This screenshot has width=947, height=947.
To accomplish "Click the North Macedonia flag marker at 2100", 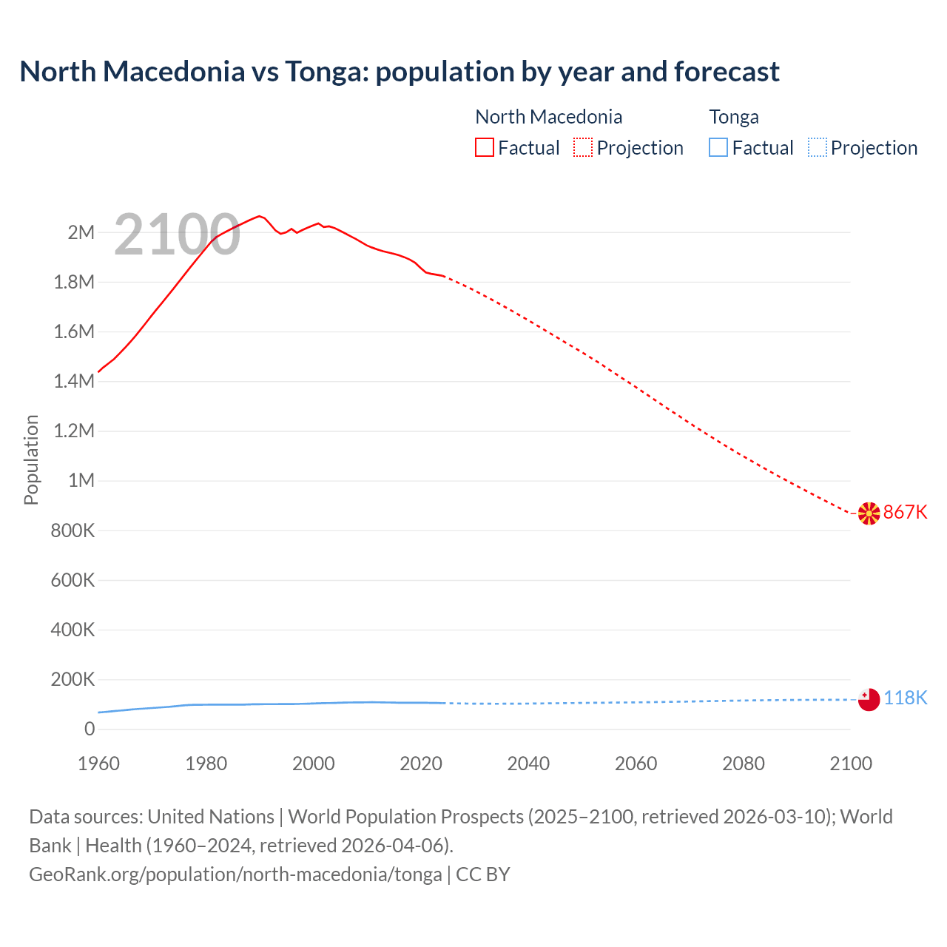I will point(869,513).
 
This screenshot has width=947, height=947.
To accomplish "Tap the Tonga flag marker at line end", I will point(869,698).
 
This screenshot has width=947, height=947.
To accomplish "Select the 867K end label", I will point(905,512).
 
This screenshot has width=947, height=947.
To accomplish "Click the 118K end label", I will point(905,698).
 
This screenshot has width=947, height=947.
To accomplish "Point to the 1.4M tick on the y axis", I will point(74,382).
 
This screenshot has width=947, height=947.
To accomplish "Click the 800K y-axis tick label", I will point(73,530).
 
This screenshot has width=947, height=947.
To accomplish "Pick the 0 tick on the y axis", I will point(90,729).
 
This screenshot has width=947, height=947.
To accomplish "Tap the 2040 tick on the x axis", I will point(528,764).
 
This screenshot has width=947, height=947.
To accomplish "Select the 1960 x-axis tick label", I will point(98,764).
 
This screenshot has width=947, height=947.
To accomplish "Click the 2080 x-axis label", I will point(743,764).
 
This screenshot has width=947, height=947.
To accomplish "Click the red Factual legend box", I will point(485,148).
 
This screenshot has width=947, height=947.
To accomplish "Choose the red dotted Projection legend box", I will point(583,148).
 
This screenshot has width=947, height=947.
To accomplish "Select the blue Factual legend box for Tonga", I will point(718,148).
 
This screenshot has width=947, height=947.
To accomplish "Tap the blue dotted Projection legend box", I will point(817,148).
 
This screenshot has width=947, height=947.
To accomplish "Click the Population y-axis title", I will point(31,459).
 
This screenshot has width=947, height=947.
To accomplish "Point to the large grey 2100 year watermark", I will point(177,235).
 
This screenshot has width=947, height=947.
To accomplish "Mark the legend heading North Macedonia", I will point(548,117).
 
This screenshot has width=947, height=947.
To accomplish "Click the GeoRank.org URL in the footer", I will point(235,874).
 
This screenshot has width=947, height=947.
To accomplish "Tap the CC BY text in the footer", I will point(483,874).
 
